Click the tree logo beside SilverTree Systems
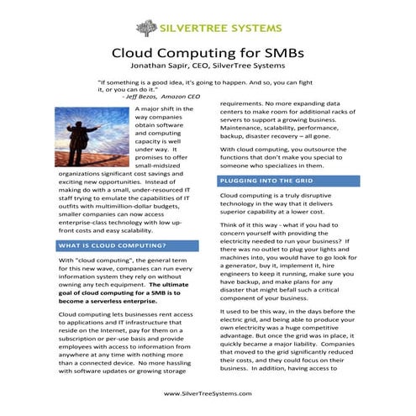[x=145, y=27]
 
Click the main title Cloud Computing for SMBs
[x=208, y=52]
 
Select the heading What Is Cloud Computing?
[x=112, y=246]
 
